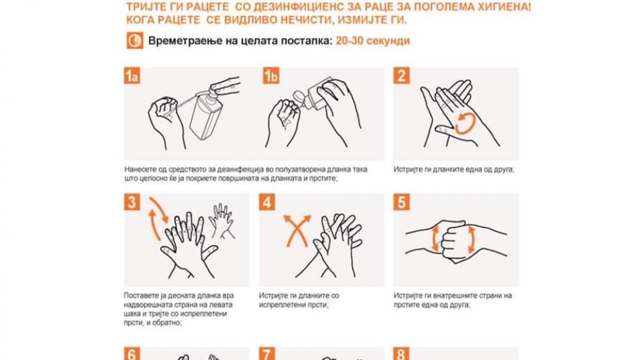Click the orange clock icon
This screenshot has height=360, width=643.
pos(135,40)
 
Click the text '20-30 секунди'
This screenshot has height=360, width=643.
pos(373,41)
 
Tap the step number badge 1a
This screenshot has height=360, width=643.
pos(132,76)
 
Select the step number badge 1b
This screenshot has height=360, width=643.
pos(271,76)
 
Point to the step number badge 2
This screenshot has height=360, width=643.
pos(401,76)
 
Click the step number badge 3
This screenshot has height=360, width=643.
pos(132,202)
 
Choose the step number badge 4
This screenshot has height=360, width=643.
pos(267,202)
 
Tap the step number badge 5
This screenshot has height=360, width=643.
pos(401,202)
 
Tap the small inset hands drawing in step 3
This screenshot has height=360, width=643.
pos(222,221)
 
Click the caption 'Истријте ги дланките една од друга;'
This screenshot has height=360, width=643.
pos(454,169)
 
